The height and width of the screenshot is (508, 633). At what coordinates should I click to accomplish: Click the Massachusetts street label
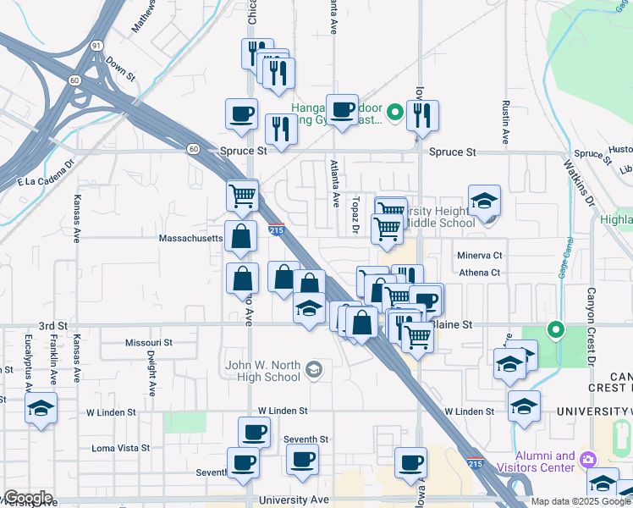[190, 238]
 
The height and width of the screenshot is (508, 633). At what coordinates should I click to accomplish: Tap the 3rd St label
[52, 326]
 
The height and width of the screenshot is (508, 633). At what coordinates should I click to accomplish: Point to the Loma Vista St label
[120, 448]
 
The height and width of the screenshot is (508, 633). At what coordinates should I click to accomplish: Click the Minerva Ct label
[480, 255]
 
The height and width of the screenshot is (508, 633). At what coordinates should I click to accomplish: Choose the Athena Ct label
[481, 273]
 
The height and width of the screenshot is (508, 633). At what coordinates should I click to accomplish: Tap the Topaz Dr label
[356, 215]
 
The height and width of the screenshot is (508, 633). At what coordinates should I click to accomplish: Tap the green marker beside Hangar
[394, 112]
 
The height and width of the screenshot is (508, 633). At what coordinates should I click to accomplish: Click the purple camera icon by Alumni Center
[587, 460]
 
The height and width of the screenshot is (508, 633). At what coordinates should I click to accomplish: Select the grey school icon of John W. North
[314, 369]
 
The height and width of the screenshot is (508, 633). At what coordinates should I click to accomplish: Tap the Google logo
[27, 499]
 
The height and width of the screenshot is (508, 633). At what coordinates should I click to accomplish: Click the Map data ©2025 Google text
[580, 501]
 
